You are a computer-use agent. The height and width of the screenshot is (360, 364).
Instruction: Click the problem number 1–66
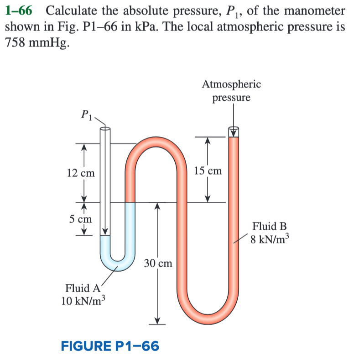pos(19,10)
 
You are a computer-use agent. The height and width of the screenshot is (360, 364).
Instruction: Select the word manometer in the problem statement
pos(315,10)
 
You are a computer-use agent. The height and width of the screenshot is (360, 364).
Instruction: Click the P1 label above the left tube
pos(87,115)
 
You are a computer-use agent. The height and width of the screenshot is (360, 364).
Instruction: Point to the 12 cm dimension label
pos(81,173)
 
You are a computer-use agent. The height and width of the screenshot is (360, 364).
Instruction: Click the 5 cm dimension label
pos(81,219)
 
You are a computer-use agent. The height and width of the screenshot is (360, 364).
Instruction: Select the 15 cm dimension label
pos(208,171)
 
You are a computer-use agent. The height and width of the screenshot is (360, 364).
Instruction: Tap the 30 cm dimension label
pos(158,263)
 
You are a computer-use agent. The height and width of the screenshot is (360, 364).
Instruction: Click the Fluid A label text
pos(83,288)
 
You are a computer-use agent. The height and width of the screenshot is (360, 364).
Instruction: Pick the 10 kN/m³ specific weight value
pos(83,301)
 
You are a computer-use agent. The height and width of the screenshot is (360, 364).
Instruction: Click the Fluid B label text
pos(270,226)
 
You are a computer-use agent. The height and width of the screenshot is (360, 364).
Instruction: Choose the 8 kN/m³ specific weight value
pos(270,239)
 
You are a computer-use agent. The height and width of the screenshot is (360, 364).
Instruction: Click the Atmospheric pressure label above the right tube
pos(231,91)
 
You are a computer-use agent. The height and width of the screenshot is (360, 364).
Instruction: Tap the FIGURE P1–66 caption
pos(110,346)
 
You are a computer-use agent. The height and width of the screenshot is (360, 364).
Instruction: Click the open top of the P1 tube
pos(105,129)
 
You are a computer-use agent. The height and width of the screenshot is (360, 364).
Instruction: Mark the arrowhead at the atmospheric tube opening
pos(234,133)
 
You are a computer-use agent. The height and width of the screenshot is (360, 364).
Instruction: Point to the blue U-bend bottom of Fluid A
pos(118,265)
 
